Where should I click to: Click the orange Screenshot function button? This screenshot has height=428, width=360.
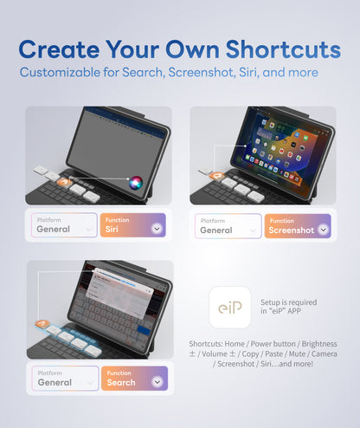(298, 225)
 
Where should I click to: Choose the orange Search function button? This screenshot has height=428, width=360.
(134, 378)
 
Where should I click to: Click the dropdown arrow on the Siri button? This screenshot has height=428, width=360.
(157, 230)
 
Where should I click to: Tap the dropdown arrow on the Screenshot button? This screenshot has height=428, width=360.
(323, 230)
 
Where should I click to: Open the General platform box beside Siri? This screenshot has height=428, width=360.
(64, 225)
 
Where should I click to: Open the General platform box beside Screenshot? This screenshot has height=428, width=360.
(228, 225)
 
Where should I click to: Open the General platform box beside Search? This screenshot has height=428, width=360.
(64, 378)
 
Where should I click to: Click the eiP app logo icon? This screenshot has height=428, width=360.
(229, 308)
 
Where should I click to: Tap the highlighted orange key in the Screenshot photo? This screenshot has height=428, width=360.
(218, 177)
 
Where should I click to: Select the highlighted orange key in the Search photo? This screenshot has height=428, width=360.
(42, 324)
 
